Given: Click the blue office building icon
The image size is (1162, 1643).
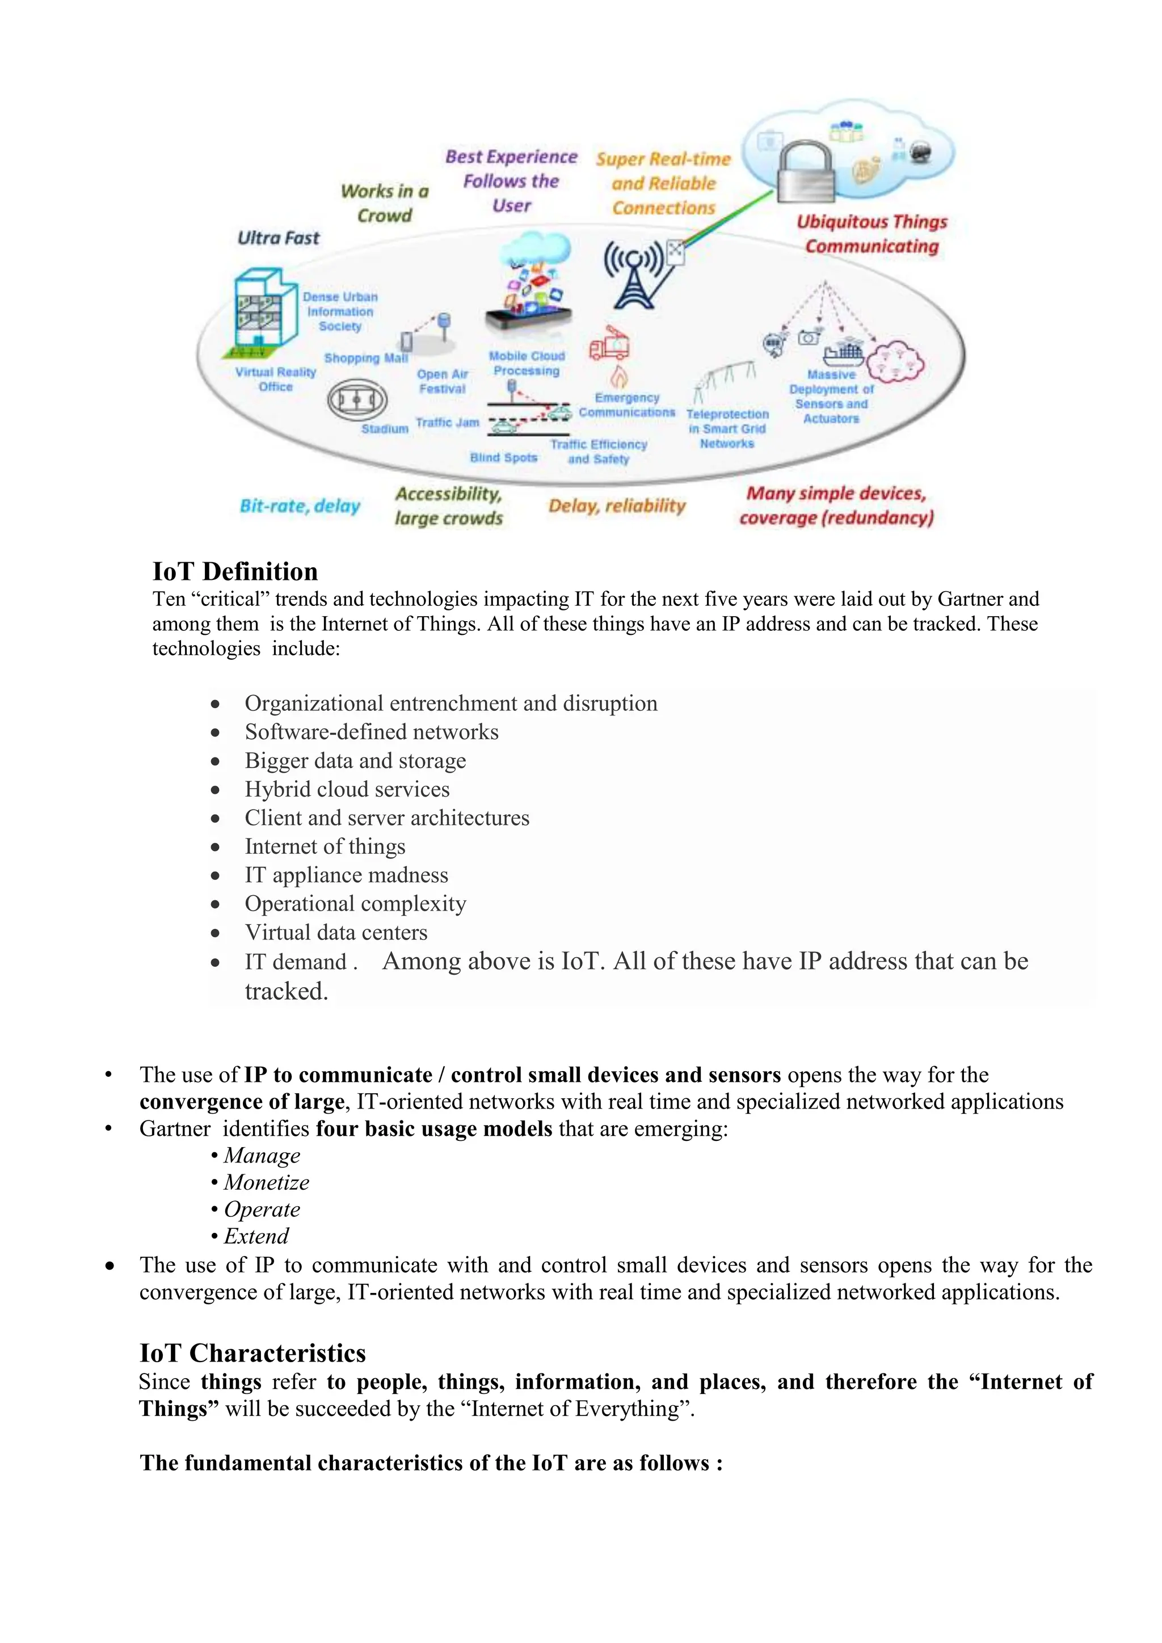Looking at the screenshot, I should (x=263, y=310).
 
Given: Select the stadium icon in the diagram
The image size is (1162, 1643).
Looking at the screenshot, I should (x=357, y=400).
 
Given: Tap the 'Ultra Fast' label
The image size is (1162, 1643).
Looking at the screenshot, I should (x=279, y=238).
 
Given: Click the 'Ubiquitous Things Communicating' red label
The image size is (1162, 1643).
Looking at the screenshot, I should (x=871, y=234).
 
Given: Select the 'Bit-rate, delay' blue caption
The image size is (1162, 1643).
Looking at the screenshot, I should (x=300, y=506).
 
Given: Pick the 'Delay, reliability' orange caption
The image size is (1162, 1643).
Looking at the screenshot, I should (x=617, y=506).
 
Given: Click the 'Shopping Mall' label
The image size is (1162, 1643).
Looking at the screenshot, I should (x=365, y=358).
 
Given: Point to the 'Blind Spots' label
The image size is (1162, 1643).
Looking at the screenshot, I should (x=503, y=457).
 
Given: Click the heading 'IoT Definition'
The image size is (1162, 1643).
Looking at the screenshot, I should (x=235, y=571).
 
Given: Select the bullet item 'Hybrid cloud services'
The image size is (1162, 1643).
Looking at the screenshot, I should (x=347, y=789).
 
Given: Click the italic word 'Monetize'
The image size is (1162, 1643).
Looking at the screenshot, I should (x=266, y=1182).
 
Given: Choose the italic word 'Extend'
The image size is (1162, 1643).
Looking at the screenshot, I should (x=256, y=1236).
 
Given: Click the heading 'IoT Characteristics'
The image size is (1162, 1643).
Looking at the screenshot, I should (x=252, y=1353).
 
